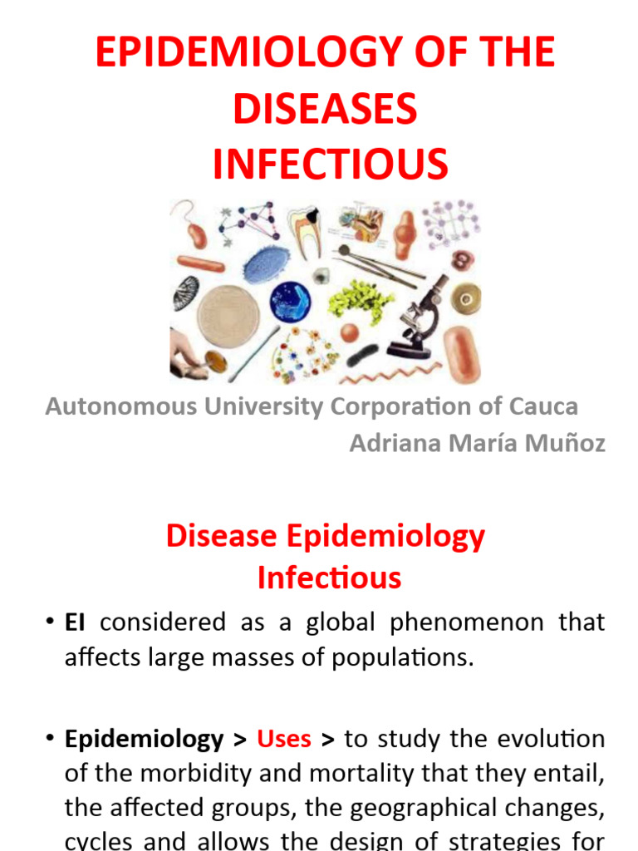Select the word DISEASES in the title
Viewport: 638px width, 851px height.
[x=325, y=108]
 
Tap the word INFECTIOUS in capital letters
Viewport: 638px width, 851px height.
[x=330, y=164]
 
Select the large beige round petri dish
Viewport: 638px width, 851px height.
[x=228, y=317]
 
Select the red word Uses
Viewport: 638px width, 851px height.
[x=284, y=738]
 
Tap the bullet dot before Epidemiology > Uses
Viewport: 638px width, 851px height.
[x=51, y=738]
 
